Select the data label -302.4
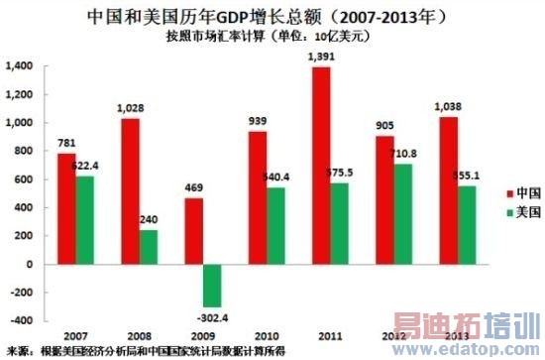coord(212,318)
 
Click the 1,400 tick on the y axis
coord(21,65)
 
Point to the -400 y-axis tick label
coord(22,321)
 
